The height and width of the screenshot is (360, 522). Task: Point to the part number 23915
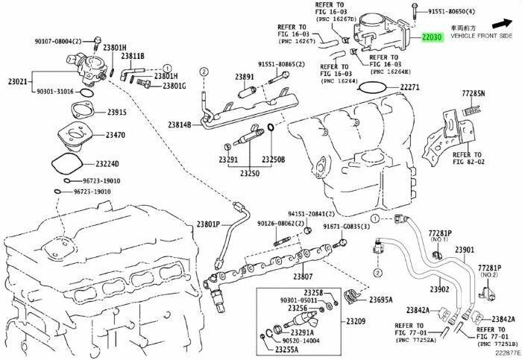[x=116, y=113]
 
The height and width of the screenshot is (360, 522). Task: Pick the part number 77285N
[x=472, y=94]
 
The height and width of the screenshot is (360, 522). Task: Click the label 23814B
[x=180, y=124]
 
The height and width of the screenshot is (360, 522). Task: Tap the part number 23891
[x=244, y=77]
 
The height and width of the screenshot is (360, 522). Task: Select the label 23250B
[x=273, y=160]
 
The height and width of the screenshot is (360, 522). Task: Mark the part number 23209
[x=356, y=321]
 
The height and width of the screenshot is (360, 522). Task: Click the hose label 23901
[x=465, y=249]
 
